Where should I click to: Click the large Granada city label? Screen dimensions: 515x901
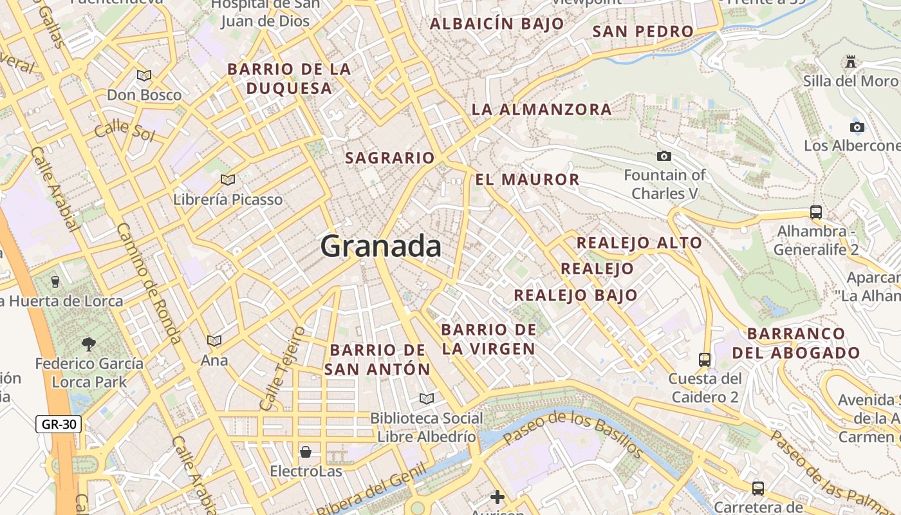coord(381,247)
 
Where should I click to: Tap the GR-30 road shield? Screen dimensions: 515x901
coord(58,424)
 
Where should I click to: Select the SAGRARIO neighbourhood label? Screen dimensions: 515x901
coord(390,158)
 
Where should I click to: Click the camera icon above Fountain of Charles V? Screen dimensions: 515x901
coord(664,156)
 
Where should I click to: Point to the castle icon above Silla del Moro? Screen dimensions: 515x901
coord(851,62)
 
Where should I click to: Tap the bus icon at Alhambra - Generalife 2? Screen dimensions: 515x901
coord(816,212)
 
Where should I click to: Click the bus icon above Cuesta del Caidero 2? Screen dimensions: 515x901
coord(705,359)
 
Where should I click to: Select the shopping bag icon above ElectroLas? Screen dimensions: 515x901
coord(306,451)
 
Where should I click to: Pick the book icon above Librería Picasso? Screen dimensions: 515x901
coord(227,180)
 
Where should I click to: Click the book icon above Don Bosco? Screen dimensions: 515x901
coord(144,75)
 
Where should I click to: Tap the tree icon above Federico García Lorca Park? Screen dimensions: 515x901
coord(89,344)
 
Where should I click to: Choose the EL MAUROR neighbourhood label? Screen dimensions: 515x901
coord(527,180)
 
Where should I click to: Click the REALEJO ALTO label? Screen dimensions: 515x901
coord(639,243)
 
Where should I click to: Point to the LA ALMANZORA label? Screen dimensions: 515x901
coord(542,109)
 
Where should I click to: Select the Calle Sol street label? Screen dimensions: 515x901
coord(124,131)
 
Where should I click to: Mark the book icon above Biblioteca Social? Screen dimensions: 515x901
coord(426,399)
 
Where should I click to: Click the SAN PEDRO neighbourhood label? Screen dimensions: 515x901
coord(643,32)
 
